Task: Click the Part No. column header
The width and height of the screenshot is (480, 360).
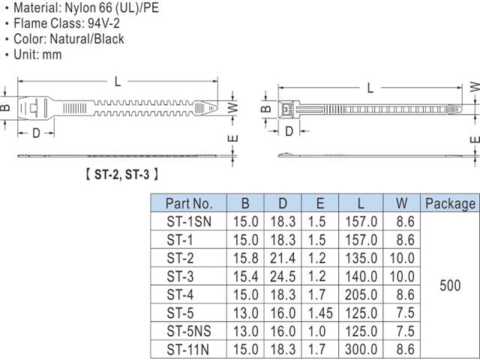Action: (189, 203)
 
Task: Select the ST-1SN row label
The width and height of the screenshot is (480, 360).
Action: (189, 221)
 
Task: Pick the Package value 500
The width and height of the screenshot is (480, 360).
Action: (451, 285)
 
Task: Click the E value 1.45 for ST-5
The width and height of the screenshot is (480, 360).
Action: (321, 311)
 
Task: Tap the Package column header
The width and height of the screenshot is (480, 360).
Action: (450, 203)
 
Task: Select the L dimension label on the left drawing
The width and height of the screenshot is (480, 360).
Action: (118, 81)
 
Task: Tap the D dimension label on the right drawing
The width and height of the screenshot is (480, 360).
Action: (289, 131)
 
